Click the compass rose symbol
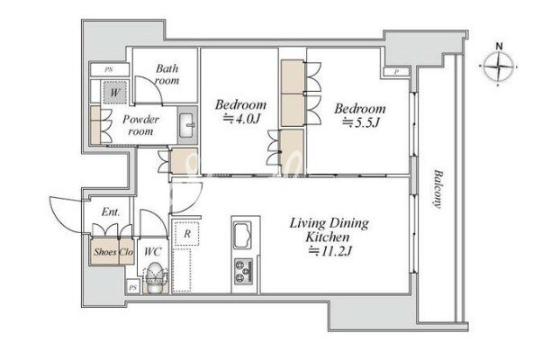pos(498,66)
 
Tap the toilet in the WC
pos(155,277)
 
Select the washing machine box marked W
pos(114,92)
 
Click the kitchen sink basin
pos(243,235)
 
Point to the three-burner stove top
pos(244,272)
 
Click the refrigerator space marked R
pos(186,234)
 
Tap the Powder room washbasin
pos(187,125)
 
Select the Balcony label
pos(438,189)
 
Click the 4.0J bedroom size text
pos(241,119)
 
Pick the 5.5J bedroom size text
pos(361,122)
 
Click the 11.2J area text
pos(330,251)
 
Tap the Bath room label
pos(167,75)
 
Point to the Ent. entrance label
pos(111,211)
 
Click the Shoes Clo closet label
pos(113,252)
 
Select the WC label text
pos(152,251)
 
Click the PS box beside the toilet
pos(132,287)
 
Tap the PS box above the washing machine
pos(109,69)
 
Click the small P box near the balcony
pos(396,72)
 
